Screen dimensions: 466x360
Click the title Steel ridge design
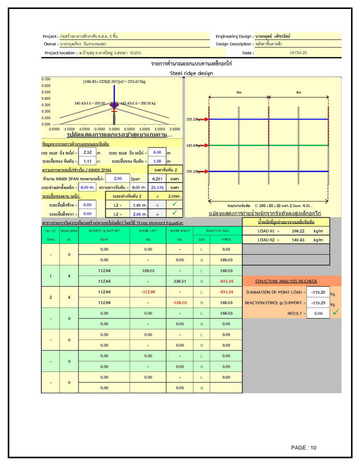tap(191, 73)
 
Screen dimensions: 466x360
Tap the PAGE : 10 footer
tap(304, 447)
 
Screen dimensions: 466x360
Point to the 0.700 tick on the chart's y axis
tap(46, 79)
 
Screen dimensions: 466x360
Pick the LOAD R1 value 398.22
tap(292, 231)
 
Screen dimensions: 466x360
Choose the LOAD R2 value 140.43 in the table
tap(292, 240)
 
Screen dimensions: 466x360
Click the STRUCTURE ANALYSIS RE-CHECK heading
tap(286, 281)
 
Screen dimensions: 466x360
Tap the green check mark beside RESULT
tap(335, 312)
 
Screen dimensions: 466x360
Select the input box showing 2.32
tap(88, 152)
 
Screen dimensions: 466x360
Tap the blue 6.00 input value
tap(157, 152)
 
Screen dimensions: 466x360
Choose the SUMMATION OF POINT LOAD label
tap(274, 292)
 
